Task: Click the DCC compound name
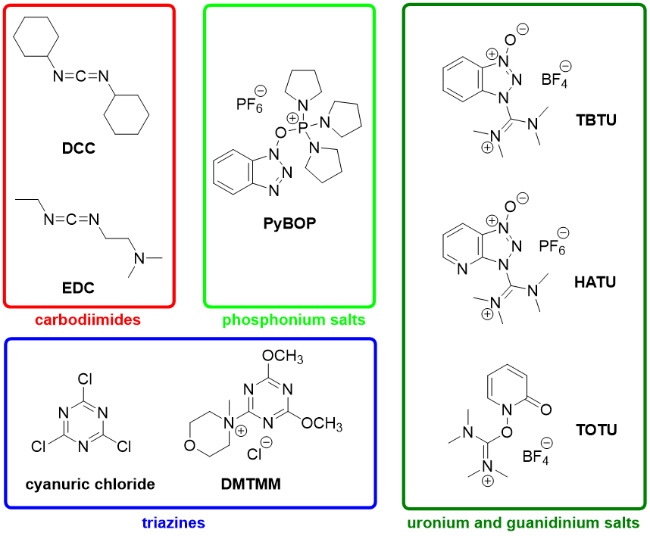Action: coord(79,148)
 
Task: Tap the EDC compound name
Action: coord(78,288)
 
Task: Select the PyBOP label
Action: coord(289,223)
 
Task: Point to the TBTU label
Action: coord(596,120)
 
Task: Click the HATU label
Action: coord(595,282)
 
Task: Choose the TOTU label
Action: coord(596,430)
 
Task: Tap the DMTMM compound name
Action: coord(251,484)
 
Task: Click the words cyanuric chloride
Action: coord(90,485)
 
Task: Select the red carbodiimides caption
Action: coord(88,319)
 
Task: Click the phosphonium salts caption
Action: coord(294,319)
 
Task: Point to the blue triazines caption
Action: coord(173,522)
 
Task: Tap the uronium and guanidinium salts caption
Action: coord(523,522)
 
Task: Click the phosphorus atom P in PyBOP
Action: coord(302,126)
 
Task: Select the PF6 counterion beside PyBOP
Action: coord(249,104)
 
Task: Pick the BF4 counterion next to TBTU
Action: coord(555,79)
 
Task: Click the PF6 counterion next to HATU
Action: coord(552,247)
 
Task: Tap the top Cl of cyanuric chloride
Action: coord(85,379)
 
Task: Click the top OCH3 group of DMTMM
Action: coord(283,357)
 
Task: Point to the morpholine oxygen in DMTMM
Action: coord(190,445)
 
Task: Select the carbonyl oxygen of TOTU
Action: coord(546,410)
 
